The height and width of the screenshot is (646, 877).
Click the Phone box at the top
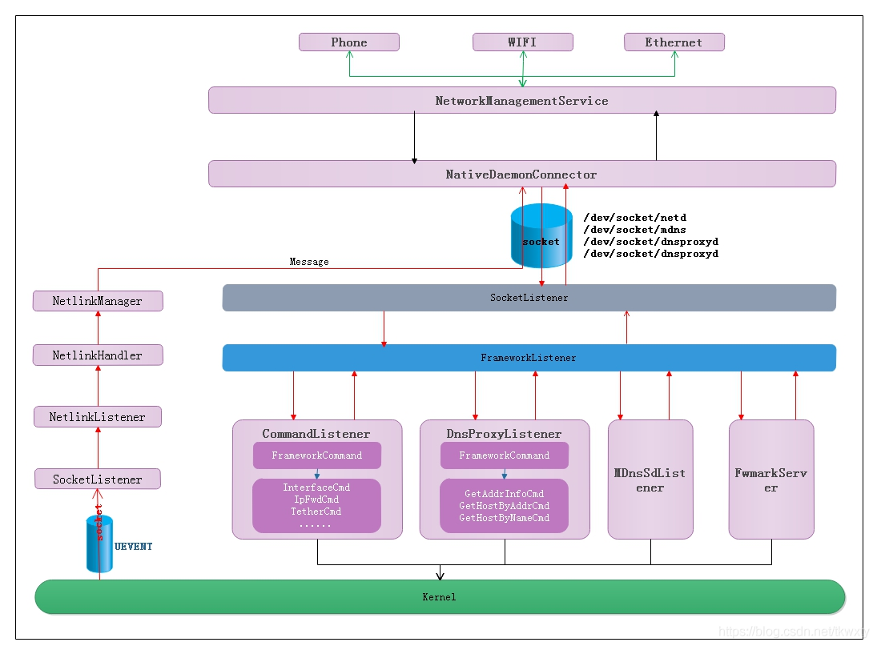(349, 42)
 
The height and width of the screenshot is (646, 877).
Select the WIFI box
(522, 42)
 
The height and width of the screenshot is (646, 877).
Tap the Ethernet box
(674, 42)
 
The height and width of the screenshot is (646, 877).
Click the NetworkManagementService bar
(521, 101)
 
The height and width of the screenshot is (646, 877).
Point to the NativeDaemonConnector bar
(521, 175)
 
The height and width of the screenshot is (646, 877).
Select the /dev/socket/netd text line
(635, 218)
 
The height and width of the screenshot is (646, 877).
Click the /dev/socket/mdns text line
(635, 230)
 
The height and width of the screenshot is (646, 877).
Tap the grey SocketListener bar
(529, 298)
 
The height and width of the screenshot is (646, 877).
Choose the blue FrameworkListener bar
(529, 358)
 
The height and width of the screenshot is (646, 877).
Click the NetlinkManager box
(98, 301)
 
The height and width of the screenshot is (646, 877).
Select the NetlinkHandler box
(98, 355)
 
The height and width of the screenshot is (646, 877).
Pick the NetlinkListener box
(98, 417)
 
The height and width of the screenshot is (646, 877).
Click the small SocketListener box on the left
(98, 479)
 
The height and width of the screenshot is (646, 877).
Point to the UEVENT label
(133, 547)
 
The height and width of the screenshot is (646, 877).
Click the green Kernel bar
(440, 597)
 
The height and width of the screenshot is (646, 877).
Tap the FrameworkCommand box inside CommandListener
(316, 455)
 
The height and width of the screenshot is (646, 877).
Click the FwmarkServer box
(770, 479)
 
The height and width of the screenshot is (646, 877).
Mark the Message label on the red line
(309, 262)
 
